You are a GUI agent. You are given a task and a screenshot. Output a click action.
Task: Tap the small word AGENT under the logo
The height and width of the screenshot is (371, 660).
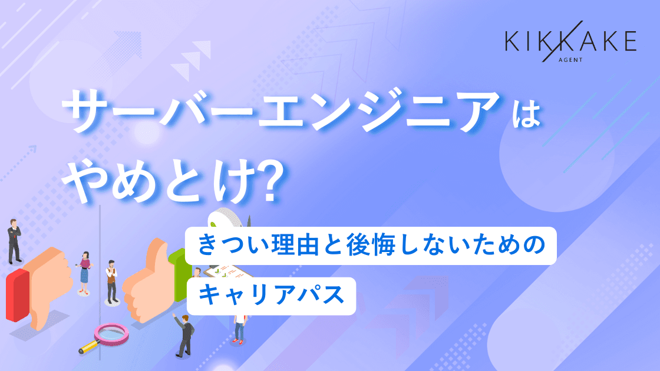(x=570, y=60)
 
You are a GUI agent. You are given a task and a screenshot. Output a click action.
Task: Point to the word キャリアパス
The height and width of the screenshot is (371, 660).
(x=271, y=295)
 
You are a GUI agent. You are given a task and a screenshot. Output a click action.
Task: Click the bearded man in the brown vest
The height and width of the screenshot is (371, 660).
(x=111, y=281)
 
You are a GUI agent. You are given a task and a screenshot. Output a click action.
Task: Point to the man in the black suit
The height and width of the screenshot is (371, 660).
(x=14, y=241)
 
